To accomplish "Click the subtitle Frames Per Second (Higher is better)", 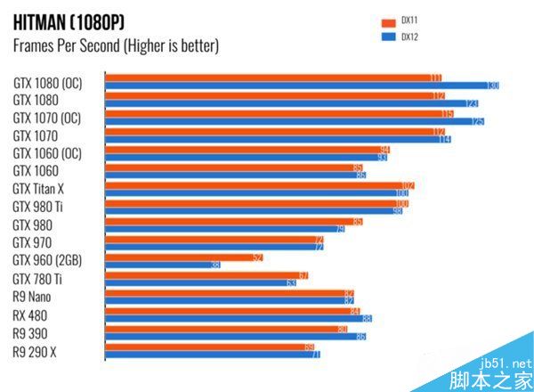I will (116, 45).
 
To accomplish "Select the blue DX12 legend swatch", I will (387, 37).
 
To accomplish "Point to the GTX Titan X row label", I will (40, 189).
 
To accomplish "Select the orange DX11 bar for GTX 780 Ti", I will (206, 275).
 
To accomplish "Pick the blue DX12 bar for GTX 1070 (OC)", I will (294, 121).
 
